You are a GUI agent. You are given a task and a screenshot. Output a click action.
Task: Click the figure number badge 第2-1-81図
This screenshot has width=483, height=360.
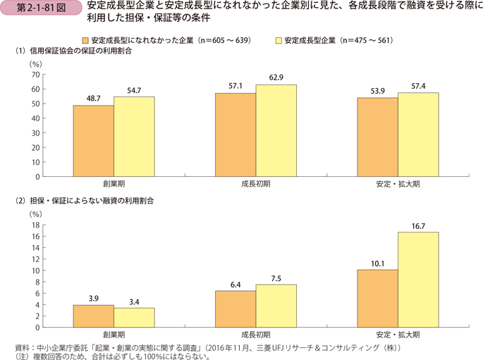click(37, 9)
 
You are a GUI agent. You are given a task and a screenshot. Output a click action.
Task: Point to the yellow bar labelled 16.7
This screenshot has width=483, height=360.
click(417, 280)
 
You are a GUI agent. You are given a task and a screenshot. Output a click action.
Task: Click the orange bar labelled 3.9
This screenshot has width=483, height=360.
click(93, 316)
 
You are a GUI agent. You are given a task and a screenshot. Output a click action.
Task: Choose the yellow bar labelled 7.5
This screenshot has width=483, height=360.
click(276, 306)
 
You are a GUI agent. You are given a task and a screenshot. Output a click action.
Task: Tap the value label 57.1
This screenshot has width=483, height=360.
click(236, 87)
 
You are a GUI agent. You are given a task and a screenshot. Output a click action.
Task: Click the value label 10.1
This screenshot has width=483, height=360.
click(377, 263)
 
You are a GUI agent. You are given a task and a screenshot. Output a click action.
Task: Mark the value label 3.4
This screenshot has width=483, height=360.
click(133, 302)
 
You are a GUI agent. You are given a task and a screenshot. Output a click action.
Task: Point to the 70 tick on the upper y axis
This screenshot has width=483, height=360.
click(36, 74)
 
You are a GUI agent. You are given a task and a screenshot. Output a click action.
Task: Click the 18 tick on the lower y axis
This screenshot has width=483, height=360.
click(36, 225)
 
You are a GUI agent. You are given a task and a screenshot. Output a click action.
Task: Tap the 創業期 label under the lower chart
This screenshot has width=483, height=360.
click(114, 335)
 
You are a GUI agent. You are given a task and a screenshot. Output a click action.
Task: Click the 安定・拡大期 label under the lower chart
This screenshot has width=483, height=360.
click(397, 335)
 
